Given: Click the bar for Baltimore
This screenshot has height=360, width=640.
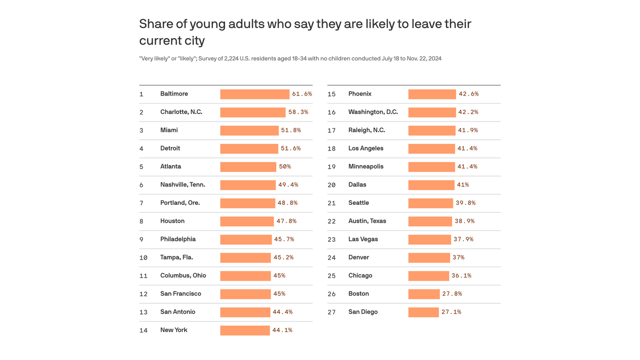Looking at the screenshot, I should coord(254,94).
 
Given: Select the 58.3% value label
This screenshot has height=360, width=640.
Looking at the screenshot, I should coord(298,112).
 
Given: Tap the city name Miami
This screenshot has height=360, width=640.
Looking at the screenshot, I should coord(169,130).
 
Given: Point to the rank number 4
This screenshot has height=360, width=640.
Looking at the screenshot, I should coord(141,149).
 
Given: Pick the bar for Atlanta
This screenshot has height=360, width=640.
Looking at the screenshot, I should coord(248,167).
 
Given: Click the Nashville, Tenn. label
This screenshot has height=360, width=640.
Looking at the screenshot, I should coord(182,185).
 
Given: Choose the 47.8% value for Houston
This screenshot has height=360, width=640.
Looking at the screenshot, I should coord(286,221).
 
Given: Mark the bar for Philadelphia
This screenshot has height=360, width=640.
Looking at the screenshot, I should coord(246,240).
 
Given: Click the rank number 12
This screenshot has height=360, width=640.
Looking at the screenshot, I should coord(143,294).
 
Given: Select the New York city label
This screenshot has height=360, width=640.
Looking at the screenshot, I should coord(173,330).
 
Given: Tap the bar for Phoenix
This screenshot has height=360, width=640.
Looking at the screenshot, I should coord(432,94).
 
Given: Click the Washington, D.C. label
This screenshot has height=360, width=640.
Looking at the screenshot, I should coord(373,112).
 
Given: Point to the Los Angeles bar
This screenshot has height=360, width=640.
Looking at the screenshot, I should coord(431,149).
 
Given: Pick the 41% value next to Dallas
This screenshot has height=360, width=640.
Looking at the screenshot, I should coord(462,185).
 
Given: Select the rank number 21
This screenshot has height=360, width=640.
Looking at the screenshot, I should coord(331,203).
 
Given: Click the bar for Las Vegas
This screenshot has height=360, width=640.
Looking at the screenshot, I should coord(429,240).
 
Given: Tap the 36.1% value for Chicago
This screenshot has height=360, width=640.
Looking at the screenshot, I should coord(461,276).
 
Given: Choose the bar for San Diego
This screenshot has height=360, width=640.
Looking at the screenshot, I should coord(423,312).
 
